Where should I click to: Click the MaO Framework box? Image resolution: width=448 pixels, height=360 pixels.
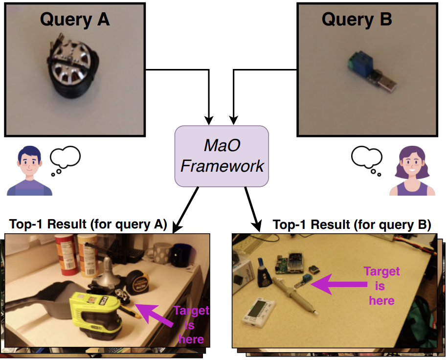pyautogui.click(x=222, y=156)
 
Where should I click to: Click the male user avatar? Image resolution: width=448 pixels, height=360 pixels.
pyautogui.click(x=29, y=171)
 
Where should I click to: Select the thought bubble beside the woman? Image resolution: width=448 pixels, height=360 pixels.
pyautogui.click(x=366, y=159)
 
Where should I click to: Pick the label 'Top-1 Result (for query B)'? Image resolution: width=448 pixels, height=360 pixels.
pyautogui.click(x=352, y=225)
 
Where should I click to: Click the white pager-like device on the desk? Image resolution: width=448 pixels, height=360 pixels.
pyautogui.click(x=258, y=310)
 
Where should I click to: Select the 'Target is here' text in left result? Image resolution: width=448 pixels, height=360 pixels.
pyautogui.click(x=191, y=325)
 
